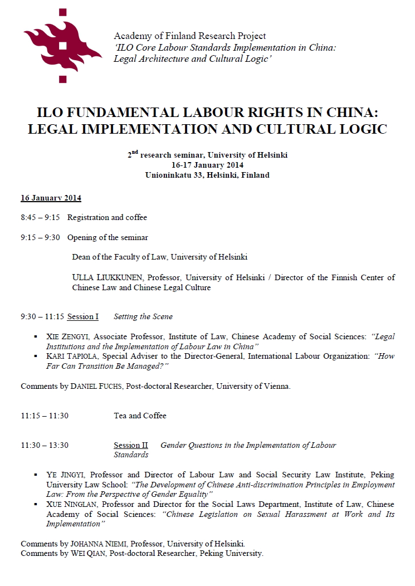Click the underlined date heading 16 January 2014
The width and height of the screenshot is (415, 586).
pos(51,198)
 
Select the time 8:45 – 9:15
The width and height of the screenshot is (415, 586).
pos(40,217)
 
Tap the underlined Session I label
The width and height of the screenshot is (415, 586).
pos(82,316)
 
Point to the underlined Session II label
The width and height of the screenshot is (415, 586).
pos(130,445)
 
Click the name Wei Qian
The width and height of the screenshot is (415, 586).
pos(86,553)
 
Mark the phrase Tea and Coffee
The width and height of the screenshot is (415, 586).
pos(140,416)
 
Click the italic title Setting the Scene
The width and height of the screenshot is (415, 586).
pos(143,316)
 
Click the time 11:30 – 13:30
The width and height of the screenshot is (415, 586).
pos(45,445)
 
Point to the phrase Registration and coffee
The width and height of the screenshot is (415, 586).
pos(107,217)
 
